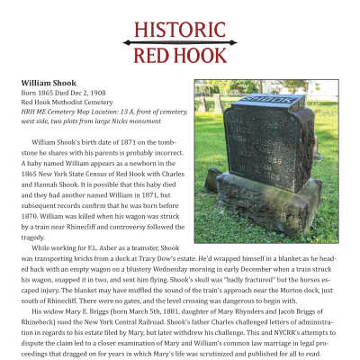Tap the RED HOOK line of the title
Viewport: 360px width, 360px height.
click(180, 57)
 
